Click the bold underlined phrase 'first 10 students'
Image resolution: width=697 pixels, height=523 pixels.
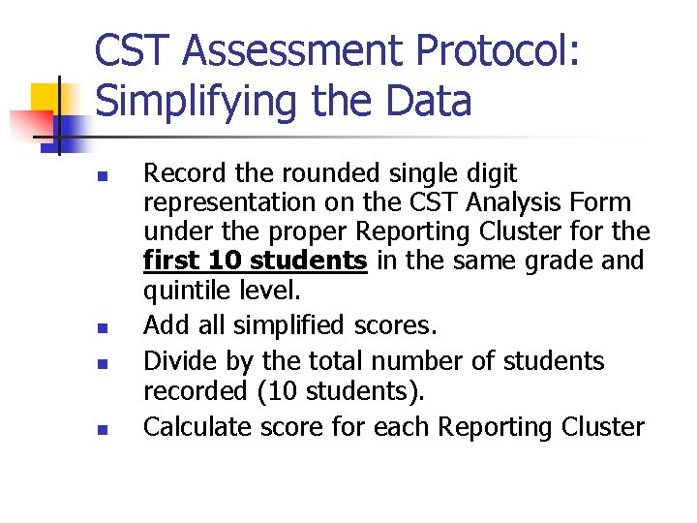255,261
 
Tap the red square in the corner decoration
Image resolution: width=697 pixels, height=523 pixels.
31,124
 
